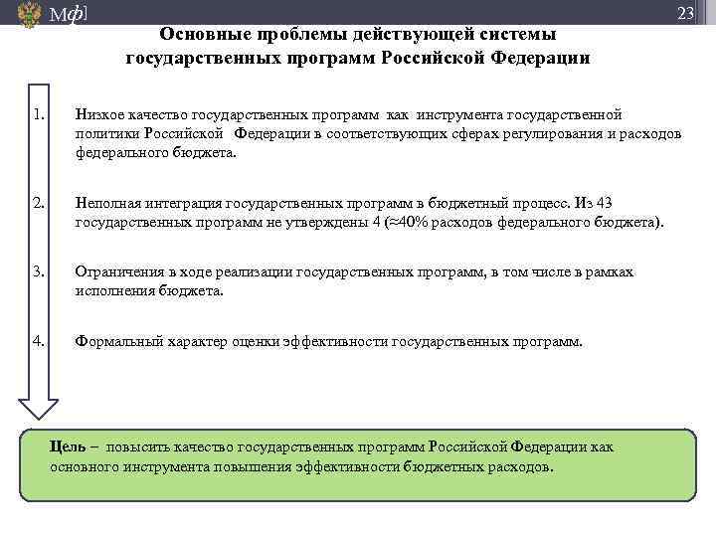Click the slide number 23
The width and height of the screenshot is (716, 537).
pos(685,13)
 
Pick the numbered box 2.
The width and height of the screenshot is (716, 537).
pos(39,204)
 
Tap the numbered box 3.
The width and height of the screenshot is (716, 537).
pos(39,271)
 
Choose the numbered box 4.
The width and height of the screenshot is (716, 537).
pos(39,340)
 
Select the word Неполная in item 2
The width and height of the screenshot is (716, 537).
pos(107,204)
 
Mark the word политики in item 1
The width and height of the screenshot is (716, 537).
pos(104,135)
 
